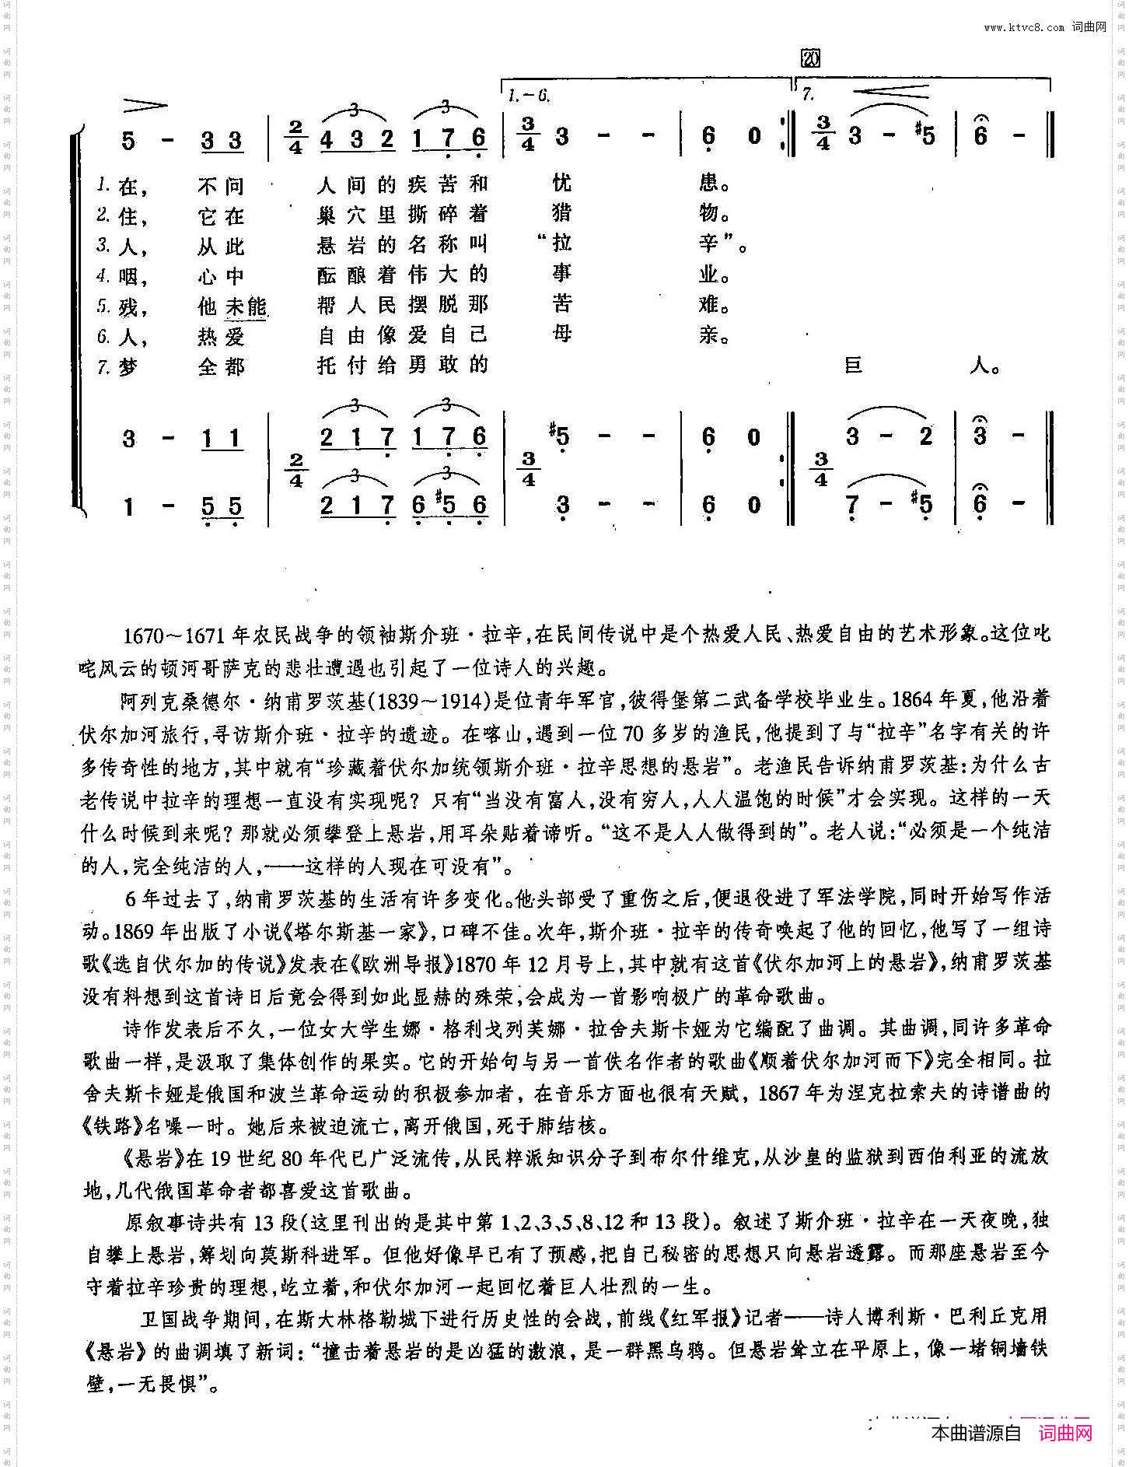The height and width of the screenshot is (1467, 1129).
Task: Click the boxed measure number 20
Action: (x=809, y=58)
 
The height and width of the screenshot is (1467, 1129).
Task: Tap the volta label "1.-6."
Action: (x=529, y=96)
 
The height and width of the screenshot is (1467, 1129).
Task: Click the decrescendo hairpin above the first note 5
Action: (x=145, y=105)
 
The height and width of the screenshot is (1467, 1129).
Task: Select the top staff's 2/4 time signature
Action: (x=295, y=137)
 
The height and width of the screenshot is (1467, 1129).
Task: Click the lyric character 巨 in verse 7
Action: (x=853, y=365)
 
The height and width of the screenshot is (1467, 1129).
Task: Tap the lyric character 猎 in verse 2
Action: (x=561, y=213)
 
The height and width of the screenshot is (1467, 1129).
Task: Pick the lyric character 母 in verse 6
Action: (x=561, y=334)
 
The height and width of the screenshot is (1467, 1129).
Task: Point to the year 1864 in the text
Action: (x=912, y=699)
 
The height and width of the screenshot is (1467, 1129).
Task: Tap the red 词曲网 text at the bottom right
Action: (x=1065, y=1433)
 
